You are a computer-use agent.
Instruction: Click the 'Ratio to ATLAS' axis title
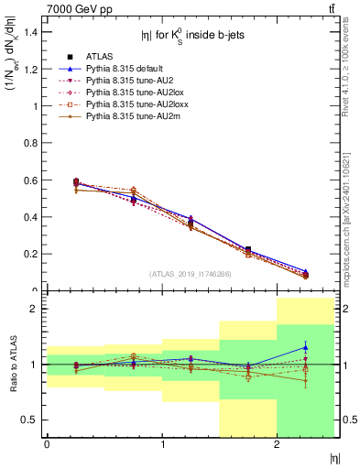11,365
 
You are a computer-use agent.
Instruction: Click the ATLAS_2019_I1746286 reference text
191,274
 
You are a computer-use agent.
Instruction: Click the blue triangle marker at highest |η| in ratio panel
305,347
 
